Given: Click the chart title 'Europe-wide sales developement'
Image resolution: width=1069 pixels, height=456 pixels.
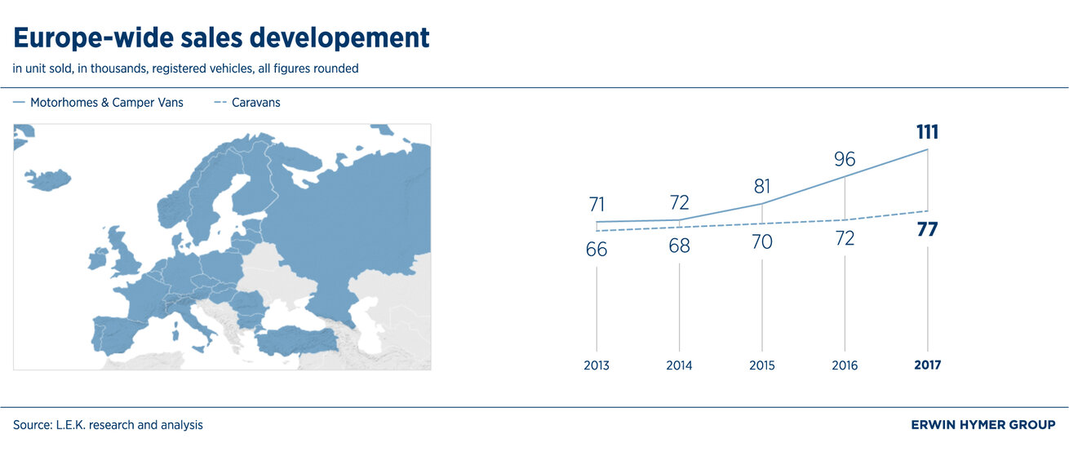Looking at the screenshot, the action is point(221,38).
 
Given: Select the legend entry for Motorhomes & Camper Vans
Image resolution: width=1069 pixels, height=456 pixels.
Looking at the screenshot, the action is point(98,103).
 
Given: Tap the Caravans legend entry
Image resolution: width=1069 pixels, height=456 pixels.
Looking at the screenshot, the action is point(247,103).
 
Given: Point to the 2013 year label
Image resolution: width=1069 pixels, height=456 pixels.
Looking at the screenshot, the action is point(597,365).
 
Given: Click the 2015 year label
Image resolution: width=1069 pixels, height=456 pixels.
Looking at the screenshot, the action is point(762,365).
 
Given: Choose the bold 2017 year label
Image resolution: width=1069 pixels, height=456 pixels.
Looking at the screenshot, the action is point(928,365).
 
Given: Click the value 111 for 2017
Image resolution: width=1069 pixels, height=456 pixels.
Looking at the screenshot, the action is point(927,132).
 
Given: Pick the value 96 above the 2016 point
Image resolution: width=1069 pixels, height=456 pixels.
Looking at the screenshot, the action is point(845,159).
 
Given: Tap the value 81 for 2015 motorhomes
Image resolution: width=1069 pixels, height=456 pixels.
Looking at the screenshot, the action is point(762,187).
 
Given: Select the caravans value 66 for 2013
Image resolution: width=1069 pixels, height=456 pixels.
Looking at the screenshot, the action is point(597,250).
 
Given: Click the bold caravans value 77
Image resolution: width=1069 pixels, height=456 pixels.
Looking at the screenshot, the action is point(927,230).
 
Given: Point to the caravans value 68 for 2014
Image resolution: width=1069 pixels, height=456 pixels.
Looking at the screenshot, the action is point(679,246).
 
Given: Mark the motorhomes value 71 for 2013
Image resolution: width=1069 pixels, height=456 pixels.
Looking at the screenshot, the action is point(597,205).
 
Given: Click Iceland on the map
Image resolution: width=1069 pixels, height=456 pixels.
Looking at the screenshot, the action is point(47,179).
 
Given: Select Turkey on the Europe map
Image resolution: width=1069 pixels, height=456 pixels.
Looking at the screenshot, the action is point(297,341).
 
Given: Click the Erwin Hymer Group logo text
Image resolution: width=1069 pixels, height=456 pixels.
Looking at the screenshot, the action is point(983,425).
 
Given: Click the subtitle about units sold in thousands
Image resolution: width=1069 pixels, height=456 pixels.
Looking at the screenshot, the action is point(185,69).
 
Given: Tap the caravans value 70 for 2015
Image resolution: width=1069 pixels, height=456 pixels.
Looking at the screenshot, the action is point(762,242).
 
